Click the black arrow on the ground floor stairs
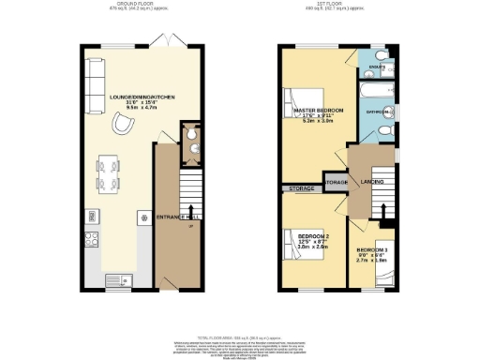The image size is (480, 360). (191, 209)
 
